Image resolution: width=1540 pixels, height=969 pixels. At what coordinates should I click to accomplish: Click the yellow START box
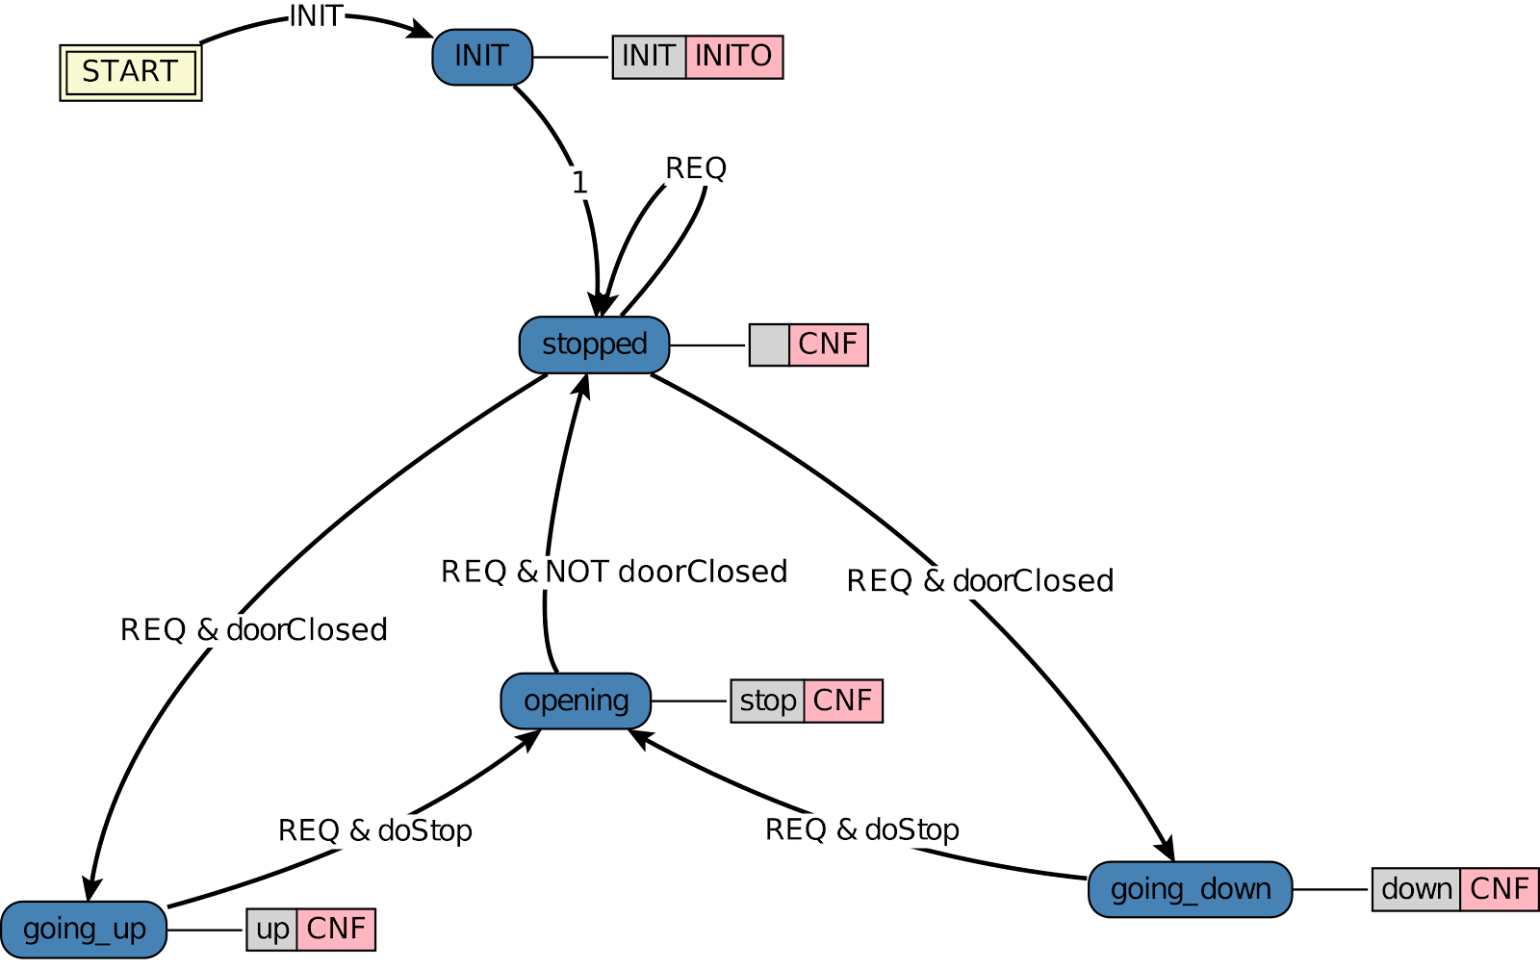131,72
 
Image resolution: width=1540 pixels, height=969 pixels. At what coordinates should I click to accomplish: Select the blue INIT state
481,57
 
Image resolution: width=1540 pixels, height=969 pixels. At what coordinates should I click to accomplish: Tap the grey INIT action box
649,57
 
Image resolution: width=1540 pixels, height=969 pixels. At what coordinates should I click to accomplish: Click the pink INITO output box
733,57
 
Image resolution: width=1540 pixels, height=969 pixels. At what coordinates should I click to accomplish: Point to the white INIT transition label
316,16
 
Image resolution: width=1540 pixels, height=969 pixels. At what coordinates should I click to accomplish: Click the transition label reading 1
578,182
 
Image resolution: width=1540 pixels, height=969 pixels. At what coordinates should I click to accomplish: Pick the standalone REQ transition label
696,168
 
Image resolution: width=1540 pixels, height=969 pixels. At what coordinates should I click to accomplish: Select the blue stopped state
594,344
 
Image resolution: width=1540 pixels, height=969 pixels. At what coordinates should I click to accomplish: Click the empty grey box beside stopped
769,344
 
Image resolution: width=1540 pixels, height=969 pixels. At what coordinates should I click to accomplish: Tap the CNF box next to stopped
828,344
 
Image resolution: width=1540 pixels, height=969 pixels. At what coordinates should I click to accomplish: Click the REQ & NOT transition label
547,573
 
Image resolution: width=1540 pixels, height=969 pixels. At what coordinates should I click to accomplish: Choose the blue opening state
576,701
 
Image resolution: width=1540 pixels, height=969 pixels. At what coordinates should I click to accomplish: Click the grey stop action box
767,701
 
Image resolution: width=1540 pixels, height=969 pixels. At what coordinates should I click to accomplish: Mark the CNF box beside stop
842,701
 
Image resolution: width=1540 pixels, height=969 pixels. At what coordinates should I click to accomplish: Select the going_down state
1190,889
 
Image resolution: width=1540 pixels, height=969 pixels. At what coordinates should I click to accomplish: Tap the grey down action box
1416,889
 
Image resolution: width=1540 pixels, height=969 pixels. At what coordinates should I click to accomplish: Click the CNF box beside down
1499,889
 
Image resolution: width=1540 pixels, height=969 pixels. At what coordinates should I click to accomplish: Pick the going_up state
84,930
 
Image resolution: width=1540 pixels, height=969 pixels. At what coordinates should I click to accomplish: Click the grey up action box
272,930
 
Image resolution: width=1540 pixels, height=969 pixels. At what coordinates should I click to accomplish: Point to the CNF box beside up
336,930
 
